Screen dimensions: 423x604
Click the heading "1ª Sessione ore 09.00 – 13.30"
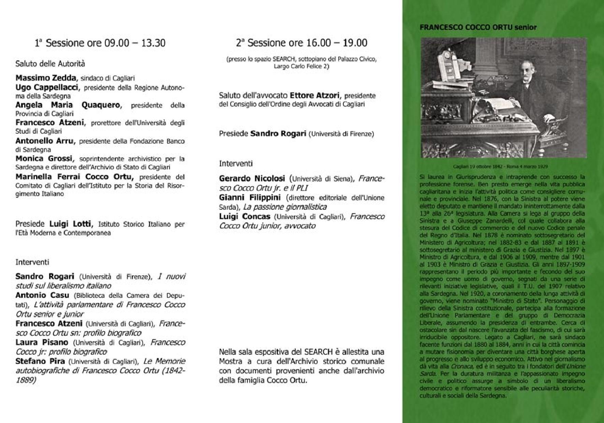tap(100, 43)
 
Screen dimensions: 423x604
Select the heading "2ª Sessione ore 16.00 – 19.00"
tap(302, 43)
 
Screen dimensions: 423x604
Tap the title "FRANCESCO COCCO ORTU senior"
tap(478, 27)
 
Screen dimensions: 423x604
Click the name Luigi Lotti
tap(70, 224)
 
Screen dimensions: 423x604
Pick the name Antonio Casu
tap(42, 295)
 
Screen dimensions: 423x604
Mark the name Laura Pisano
tap(42, 342)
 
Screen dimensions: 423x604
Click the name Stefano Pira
tap(40, 361)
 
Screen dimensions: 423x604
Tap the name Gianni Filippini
tap(250, 198)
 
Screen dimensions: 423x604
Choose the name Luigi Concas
tap(245, 217)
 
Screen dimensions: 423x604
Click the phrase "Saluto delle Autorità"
tap(50, 64)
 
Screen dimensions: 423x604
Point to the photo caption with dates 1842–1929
tap(501, 167)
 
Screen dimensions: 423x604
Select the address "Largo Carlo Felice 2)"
tap(301, 66)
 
